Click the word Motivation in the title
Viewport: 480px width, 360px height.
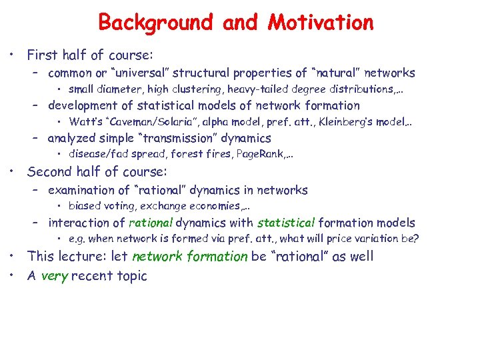(x=321, y=22)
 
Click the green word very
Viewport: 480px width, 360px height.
(x=53, y=276)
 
